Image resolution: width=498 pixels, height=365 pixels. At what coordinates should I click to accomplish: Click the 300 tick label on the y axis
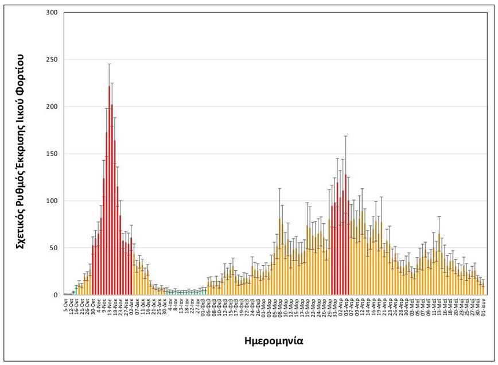click(x=51, y=13)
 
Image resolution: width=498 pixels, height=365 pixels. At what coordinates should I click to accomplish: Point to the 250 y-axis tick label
click(x=51, y=60)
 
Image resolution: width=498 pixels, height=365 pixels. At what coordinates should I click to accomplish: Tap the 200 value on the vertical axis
click(x=51, y=107)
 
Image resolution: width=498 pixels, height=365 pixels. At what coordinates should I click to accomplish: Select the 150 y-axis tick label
click(x=51, y=154)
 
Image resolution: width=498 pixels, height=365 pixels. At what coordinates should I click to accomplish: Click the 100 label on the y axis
click(x=51, y=201)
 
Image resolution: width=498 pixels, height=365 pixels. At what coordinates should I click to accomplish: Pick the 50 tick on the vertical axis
click(x=53, y=248)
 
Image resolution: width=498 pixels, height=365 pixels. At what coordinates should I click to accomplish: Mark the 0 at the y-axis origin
click(x=55, y=295)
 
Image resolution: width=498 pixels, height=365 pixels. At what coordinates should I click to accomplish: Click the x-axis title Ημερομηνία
click(x=273, y=341)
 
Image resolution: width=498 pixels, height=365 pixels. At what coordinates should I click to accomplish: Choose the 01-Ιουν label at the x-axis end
click(x=484, y=306)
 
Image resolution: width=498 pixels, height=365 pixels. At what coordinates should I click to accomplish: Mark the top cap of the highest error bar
click(x=109, y=64)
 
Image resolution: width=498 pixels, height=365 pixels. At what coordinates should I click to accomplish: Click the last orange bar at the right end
click(x=483, y=290)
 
